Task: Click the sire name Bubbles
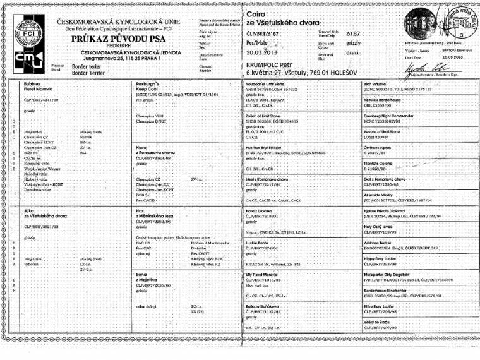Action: point(31,83)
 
